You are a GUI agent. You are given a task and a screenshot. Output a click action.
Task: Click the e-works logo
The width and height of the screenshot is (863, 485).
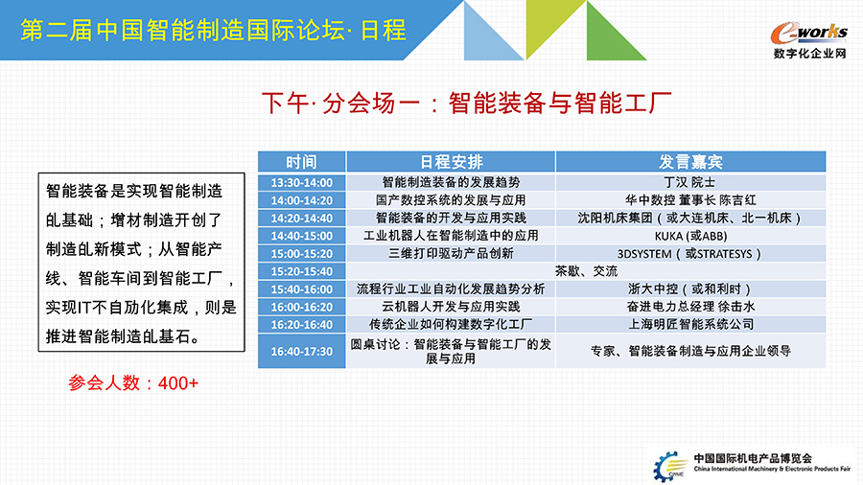pyautogui.click(x=809, y=39)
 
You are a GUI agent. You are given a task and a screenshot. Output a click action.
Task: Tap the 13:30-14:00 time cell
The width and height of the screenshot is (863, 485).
pyautogui.click(x=302, y=182)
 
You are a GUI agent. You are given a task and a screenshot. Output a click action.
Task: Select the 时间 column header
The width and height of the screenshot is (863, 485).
pyautogui.click(x=302, y=162)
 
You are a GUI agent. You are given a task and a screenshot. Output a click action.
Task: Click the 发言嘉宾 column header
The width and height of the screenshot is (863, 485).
pyautogui.click(x=690, y=162)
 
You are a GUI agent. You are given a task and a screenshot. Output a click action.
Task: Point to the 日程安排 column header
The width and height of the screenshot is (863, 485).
pyautogui.click(x=451, y=162)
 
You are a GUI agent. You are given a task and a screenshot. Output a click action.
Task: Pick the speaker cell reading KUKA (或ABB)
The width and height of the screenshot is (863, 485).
pyautogui.click(x=690, y=236)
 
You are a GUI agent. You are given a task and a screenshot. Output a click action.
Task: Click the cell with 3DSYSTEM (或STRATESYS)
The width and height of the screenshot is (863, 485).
pyautogui.click(x=690, y=253)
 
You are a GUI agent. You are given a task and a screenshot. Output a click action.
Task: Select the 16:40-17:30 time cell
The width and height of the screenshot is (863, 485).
pyautogui.click(x=302, y=351)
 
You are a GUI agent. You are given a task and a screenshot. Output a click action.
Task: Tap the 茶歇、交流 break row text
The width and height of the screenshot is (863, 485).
pyautogui.click(x=586, y=271)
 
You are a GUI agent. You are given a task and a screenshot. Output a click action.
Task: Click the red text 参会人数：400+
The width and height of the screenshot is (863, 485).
pyautogui.click(x=133, y=382)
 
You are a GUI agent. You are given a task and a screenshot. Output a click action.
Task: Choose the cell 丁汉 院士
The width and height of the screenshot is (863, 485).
pyautogui.click(x=690, y=182)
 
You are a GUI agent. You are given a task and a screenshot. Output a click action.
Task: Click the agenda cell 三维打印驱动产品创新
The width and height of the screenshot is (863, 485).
pyautogui.click(x=451, y=253)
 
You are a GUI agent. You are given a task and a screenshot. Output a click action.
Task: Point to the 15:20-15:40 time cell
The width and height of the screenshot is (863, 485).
pyautogui.click(x=302, y=271)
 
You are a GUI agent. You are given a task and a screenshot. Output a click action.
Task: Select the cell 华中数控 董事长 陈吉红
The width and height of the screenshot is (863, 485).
pyautogui.click(x=690, y=200)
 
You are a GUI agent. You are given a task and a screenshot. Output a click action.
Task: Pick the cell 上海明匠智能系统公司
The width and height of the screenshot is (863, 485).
pyautogui.click(x=690, y=324)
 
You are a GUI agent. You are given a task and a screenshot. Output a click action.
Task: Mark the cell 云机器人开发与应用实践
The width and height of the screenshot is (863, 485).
pyautogui.click(x=451, y=307)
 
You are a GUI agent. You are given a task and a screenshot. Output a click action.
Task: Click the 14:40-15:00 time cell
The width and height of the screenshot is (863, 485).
pyautogui.click(x=302, y=236)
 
